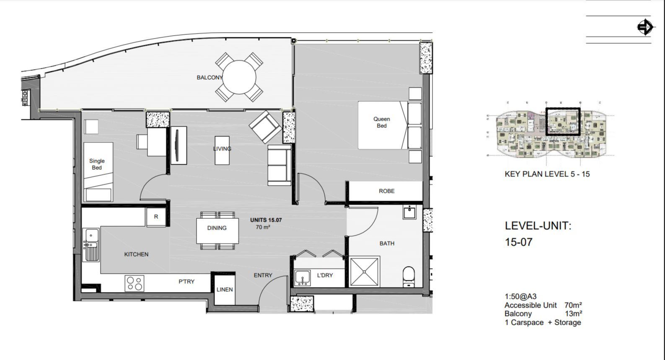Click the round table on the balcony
[x=239, y=77]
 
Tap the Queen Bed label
[x=381, y=122]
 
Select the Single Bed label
[x=97, y=164]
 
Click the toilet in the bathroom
[x=409, y=277]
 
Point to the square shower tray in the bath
[x=364, y=272]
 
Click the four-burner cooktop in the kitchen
[x=135, y=283]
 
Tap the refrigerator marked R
[x=156, y=217]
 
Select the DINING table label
[x=217, y=228]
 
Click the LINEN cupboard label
[x=225, y=290]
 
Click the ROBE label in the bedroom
[x=386, y=191]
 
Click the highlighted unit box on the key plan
[x=563, y=122]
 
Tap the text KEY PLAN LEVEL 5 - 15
[x=547, y=174]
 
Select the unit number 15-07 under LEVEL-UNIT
[x=518, y=242]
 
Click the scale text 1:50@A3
[x=520, y=297]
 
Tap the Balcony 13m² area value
[x=573, y=314]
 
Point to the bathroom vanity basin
[x=409, y=212]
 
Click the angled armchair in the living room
[x=265, y=127]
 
